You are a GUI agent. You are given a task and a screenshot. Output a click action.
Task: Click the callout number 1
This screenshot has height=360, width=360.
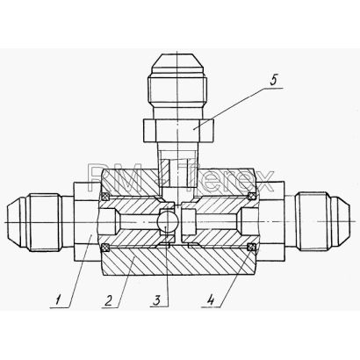coord(59,299)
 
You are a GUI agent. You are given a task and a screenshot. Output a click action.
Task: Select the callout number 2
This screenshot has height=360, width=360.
coord(109,299)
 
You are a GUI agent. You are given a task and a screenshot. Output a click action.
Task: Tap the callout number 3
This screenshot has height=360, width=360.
coord(157,299)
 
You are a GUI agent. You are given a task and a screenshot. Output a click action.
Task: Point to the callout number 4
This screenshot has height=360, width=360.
coord(211,299)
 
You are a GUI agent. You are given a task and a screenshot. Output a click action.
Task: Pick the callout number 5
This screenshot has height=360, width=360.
coord(273,80)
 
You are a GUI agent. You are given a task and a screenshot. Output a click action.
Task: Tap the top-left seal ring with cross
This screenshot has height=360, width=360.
coord(104,197)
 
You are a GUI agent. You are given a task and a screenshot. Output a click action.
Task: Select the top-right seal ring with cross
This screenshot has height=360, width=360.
coord(251,197)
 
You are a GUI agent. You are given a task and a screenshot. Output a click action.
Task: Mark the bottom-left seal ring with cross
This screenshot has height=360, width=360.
coord(104,248)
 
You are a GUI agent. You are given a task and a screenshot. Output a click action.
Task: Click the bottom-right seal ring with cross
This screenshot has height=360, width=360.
coord(251,248)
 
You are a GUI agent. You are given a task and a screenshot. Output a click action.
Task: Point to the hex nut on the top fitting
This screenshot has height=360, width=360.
coord(178,130)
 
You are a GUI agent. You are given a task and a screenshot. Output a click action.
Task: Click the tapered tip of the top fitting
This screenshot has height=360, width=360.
coord(177,61)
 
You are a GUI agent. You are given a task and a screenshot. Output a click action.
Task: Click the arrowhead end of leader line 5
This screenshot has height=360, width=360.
coord(194,128)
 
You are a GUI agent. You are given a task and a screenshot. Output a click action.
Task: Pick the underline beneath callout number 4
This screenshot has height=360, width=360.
coord(212,307)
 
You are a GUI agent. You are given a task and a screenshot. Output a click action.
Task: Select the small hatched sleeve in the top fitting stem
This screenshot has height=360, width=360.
coord(164,172)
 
